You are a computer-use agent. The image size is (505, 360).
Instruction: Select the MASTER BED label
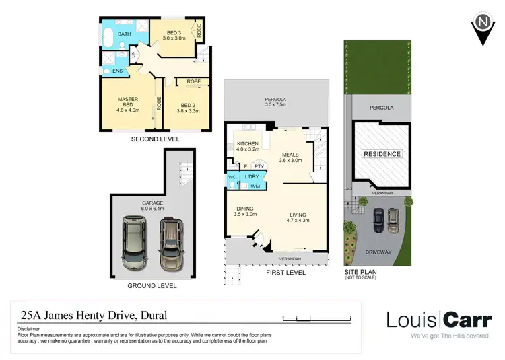click(127, 104)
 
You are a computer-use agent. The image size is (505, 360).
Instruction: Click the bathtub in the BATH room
click(108, 37)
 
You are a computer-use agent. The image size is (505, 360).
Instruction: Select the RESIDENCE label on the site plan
click(382, 154)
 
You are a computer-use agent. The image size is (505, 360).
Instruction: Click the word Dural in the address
click(149, 314)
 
